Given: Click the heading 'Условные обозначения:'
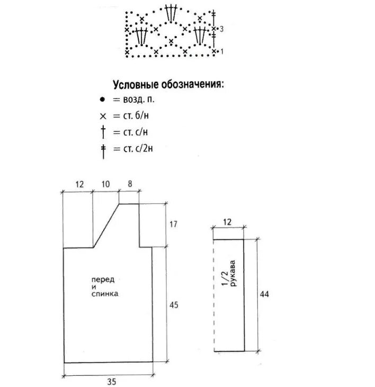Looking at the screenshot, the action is click(x=167, y=85).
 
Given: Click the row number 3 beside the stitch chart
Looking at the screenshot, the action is click(x=221, y=30).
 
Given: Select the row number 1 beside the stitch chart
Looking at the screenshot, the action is click(x=221, y=51).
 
